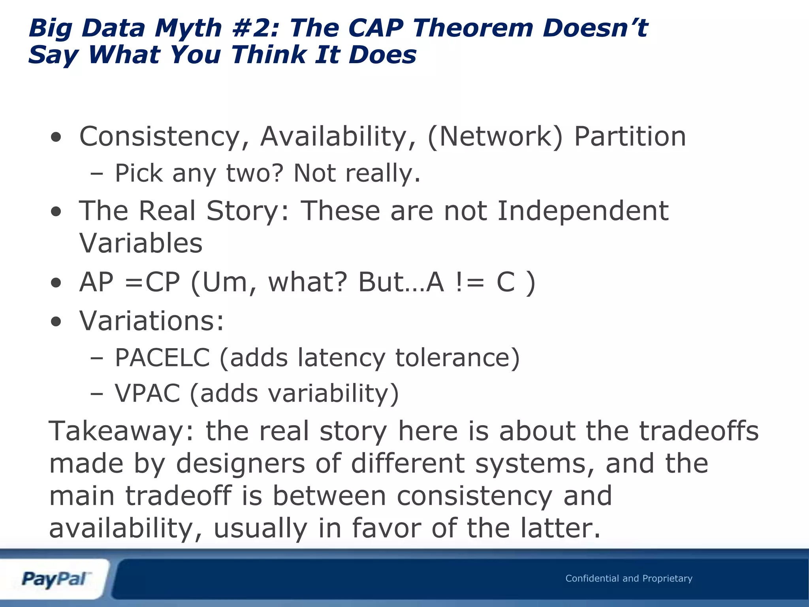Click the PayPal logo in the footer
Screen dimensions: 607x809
(55, 579)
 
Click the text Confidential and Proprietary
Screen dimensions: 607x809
(628, 579)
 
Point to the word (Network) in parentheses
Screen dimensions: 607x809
(495, 137)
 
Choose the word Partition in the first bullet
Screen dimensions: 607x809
(630, 137)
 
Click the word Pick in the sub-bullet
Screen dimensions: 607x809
(138, 173)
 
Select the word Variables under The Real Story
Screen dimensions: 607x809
(141, 243)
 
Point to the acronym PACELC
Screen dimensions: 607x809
(162, 358)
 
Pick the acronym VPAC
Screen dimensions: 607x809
(147, 394)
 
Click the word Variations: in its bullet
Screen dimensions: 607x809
(152, 320)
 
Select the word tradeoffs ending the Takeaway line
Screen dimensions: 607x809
(698, 431)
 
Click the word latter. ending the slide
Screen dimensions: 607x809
(561, 528)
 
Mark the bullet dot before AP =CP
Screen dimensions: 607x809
(56, 283)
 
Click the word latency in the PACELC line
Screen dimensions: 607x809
(341, 358)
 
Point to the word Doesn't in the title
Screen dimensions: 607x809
(595, 28)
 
